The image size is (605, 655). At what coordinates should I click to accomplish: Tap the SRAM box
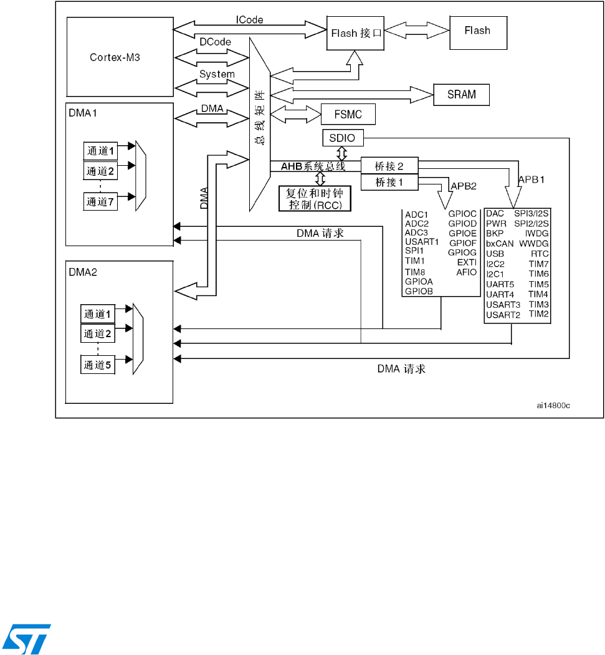tap(461, 95)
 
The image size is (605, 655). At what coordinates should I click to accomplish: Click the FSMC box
tap(349, 114)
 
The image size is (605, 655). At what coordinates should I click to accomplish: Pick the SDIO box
tap(342, 138)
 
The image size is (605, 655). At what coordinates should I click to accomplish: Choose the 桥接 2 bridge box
tap(389, 166)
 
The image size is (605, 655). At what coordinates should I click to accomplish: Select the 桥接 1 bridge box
tap(389, 182)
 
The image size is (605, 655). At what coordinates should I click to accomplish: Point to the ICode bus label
tap(249, 20)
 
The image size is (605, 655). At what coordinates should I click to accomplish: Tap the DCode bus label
tap(216, 42)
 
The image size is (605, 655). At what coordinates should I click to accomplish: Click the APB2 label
tap(464, 185)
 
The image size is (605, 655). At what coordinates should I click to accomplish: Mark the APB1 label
tap(533, 178)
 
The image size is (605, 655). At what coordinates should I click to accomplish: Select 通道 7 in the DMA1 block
tap(100, 201)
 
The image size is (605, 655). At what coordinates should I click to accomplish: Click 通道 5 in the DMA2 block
tap(98, 365)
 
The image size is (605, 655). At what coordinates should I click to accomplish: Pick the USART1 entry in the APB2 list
tap(422, 242)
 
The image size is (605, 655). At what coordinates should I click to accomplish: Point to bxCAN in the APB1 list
tap(500, 244)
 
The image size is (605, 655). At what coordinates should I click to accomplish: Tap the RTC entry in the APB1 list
tap(539, 254)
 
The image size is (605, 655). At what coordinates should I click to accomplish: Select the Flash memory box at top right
tap(477, 31)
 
